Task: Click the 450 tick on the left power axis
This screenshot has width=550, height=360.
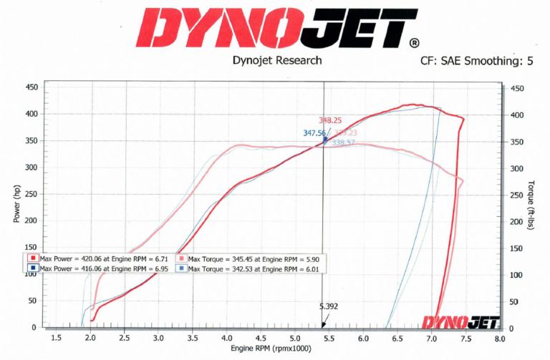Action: click(32, 88)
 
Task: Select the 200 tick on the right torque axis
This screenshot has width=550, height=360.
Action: click(517, 222)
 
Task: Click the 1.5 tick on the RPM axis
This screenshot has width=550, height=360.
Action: click(55, 339)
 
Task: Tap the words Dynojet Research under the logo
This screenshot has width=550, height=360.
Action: click(278, 62)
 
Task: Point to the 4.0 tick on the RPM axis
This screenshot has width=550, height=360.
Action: click(226, 339)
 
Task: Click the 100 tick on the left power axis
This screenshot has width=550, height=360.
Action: click(32, 274)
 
